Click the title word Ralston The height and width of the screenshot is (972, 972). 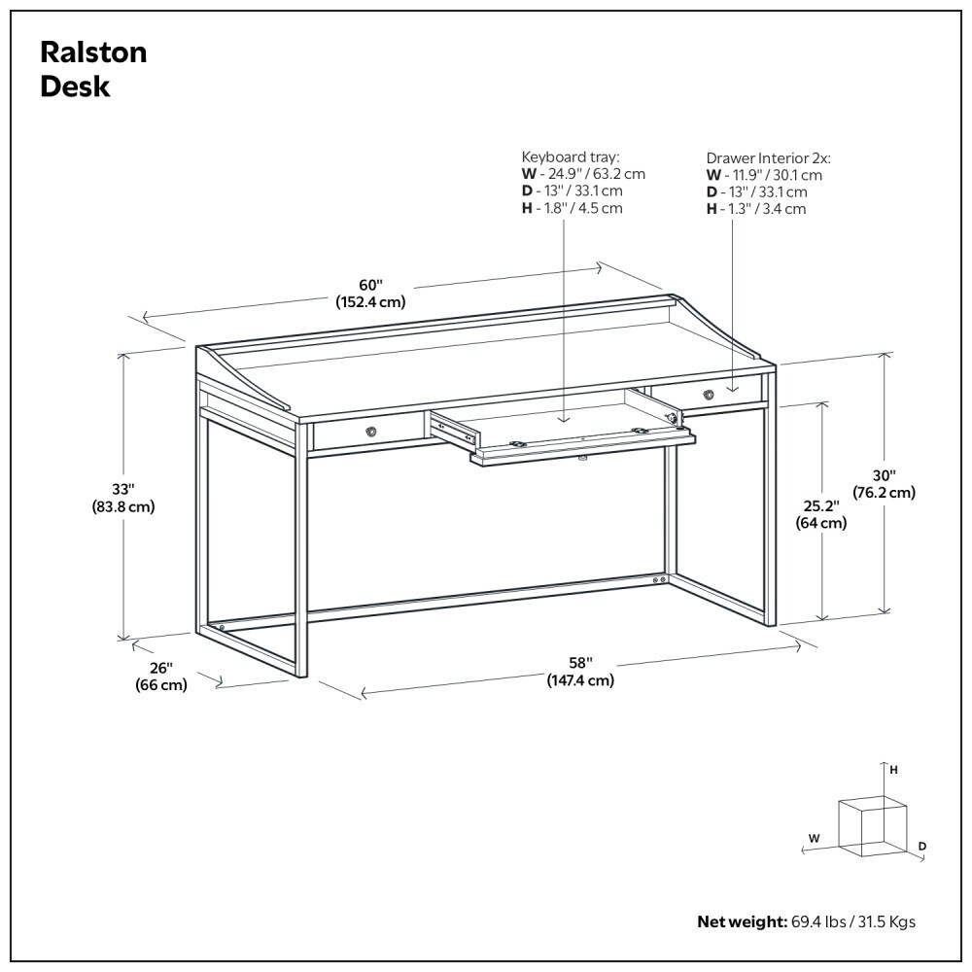pos(93,52)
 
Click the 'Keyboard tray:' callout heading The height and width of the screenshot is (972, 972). pos(571,156)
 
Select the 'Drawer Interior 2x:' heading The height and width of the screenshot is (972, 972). pos(768,157)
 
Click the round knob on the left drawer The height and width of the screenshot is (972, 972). pos(371,431)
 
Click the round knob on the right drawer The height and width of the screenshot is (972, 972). pos(709,394)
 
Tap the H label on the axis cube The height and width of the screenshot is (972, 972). pos(893,769)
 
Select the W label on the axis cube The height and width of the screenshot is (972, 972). pos(815,836)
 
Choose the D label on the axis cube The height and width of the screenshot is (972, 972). pos(922,847)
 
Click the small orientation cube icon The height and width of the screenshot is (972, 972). pos(869,825)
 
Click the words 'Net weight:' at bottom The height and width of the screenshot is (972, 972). pos(740,921)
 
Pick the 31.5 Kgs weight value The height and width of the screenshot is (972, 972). pos(884,921)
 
